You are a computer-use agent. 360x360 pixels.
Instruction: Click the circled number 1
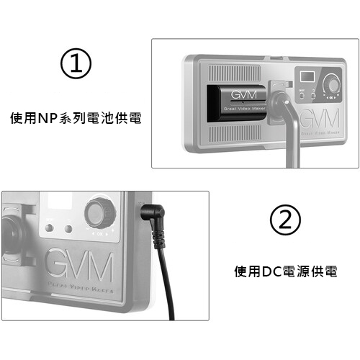76,63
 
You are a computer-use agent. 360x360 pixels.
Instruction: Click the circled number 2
285,220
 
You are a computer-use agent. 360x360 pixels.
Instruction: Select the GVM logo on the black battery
243,95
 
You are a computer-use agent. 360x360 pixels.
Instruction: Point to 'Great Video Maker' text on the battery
245,109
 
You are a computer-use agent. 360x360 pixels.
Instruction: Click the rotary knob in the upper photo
332,84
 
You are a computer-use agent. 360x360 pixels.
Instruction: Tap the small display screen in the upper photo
307,76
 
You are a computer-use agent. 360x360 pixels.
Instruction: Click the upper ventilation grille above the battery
234,73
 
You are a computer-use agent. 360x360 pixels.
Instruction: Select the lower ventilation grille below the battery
234,133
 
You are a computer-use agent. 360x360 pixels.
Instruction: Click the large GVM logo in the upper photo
320,118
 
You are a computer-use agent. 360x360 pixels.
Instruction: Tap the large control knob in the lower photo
100,213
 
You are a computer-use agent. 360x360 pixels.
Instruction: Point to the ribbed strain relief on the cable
158,240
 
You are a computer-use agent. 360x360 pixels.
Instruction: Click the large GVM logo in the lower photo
78,265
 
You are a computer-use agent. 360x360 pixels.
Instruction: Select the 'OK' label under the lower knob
100,234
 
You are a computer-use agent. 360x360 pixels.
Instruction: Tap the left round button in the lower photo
49,228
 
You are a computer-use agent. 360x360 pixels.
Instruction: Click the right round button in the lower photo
68,229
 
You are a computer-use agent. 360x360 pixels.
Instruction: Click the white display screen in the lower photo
60,200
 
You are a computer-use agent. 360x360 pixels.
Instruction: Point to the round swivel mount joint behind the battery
279,104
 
